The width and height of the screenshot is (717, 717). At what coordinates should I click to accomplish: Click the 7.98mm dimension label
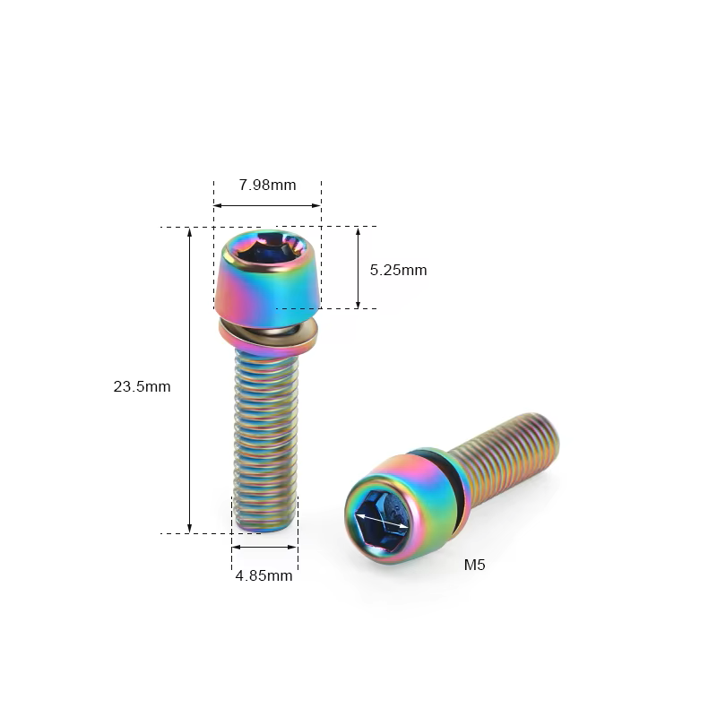tap(267, 185)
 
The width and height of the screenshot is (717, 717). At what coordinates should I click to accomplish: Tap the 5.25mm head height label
tap(398, 270)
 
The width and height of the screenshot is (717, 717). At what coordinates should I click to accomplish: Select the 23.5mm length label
tap(142, 386)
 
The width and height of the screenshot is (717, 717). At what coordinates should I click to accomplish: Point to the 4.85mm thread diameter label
tap(263, 575)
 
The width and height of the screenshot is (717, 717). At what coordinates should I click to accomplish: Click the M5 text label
tap(474, 565)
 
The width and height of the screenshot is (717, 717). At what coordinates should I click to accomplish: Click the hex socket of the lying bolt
tap(382, 520)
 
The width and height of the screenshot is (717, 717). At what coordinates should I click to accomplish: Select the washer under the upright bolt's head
tap(268, 336)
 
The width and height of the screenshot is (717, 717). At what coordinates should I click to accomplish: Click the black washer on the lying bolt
tap(442, 489)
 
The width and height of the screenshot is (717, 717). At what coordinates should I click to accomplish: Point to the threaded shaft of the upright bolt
tap(265, 439)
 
